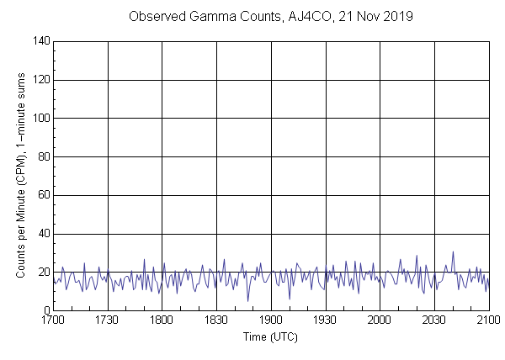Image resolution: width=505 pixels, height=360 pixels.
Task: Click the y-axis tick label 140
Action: coord(40,40)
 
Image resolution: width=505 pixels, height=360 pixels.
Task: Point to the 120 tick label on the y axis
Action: coord(40,80)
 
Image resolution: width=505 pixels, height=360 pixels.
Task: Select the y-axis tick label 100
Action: coord(40,119)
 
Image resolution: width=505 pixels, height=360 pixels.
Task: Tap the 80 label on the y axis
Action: coord(43,157)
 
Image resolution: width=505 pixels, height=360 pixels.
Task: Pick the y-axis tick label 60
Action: coord(43,196)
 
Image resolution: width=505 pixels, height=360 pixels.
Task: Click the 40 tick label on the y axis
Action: coord(43,235)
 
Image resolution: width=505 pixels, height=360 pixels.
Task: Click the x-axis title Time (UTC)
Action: coord(271,336)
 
